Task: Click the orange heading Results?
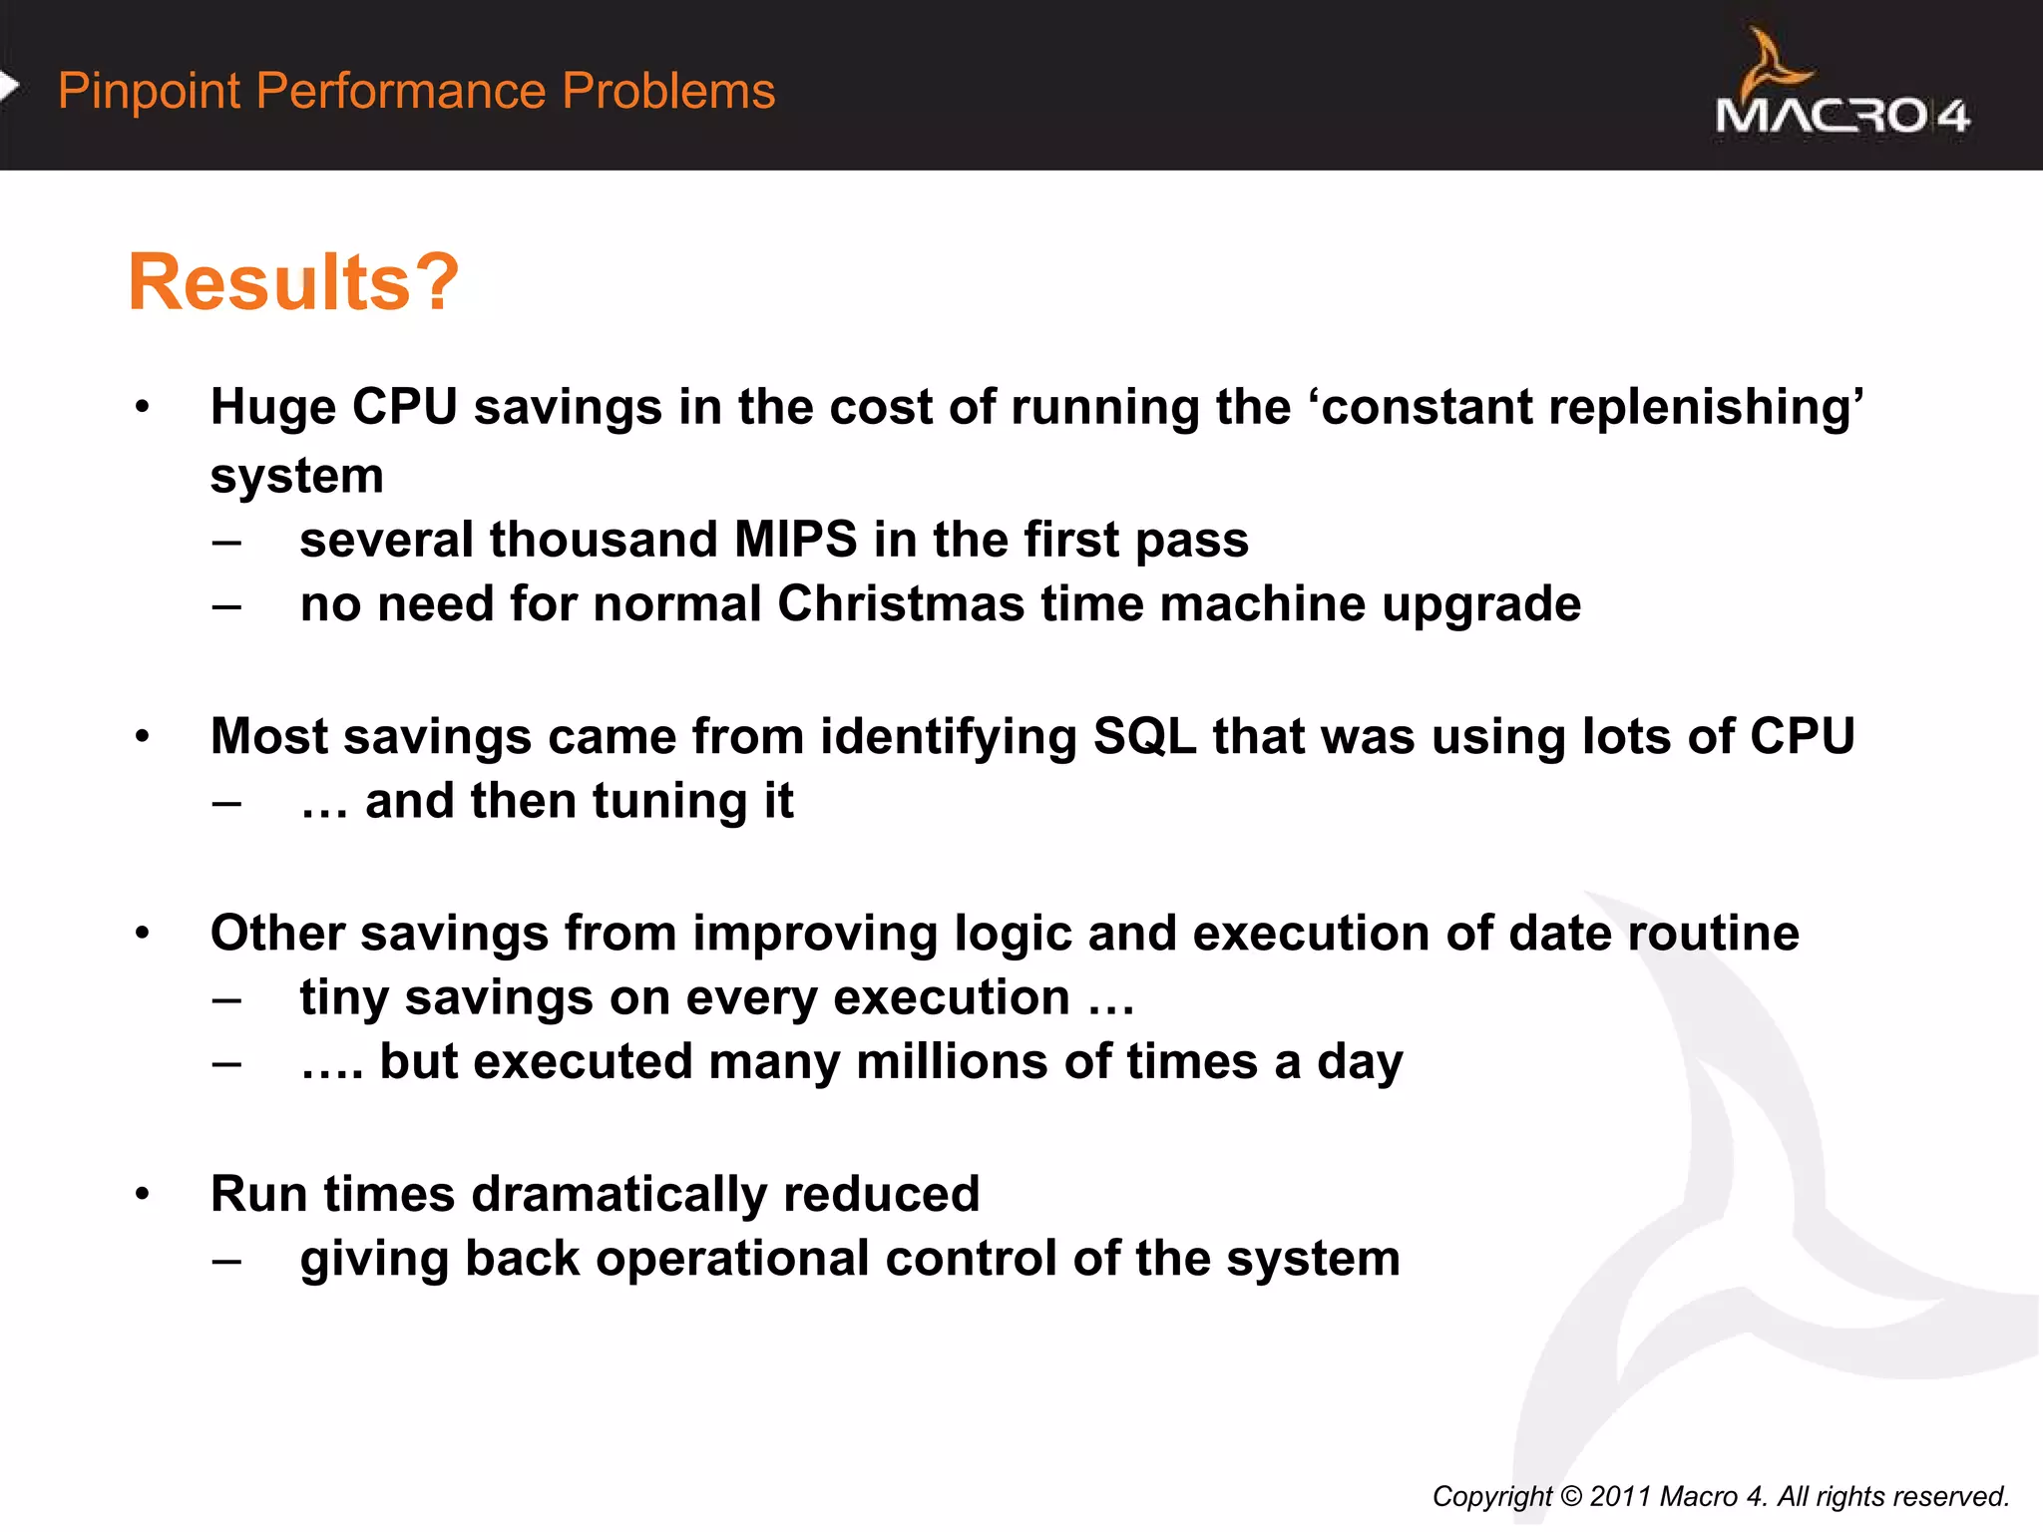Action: (293, 282)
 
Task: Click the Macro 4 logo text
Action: (1841, 116)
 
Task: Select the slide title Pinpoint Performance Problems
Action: (416, 91)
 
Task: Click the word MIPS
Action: (795, 540)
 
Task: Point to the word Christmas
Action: (901, 604)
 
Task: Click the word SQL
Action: (1144, 737)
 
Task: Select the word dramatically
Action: (618, 1194)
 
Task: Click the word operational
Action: (732, 1259)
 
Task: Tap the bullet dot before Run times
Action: (143, 1194)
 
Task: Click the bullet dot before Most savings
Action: (143, 737)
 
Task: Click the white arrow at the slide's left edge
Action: (9, 87)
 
